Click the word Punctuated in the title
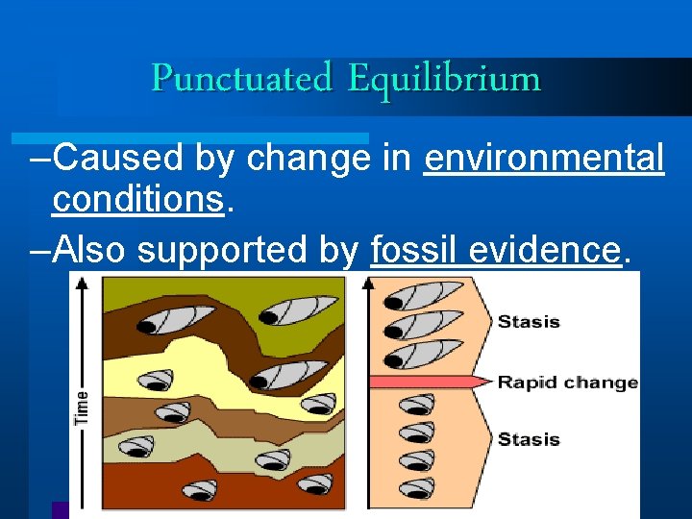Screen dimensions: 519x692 click(241, 78)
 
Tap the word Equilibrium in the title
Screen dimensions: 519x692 click(444, 78)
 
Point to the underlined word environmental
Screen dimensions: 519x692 click(544, 159)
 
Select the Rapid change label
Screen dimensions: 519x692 click(567, 383)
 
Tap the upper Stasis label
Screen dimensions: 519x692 click(529, 322)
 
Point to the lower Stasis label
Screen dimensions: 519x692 click(529, 439)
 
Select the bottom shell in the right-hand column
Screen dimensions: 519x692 click(416, 487)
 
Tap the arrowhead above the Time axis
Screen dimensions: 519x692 click(82, 283)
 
